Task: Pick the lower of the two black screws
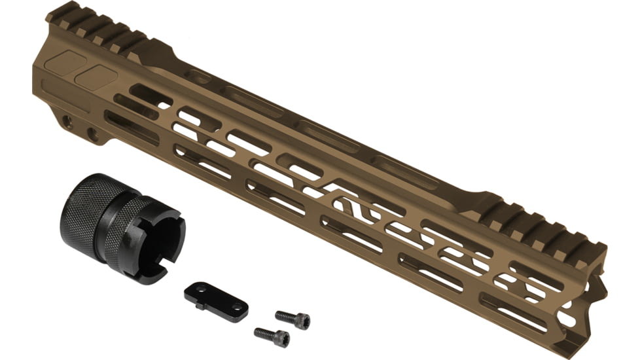[x=272, y=336]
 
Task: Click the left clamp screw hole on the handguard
[x=67, y=121]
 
